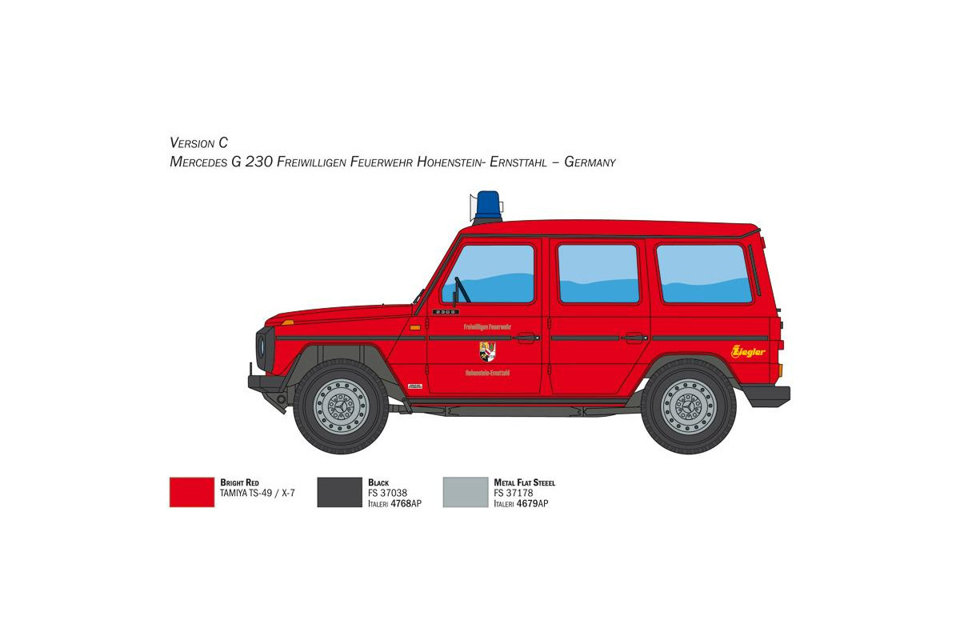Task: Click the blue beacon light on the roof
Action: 488,206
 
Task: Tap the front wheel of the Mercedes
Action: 341,406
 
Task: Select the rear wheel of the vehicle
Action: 688,406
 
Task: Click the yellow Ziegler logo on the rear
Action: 748,351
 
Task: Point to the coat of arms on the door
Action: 487,350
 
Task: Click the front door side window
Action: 489,274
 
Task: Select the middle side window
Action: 598,274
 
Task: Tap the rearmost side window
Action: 704,274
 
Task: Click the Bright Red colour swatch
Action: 192,492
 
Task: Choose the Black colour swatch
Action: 340,492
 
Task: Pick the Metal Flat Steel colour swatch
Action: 466,492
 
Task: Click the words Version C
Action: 199,143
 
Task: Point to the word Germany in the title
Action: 590,162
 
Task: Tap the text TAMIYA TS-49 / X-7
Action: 258,494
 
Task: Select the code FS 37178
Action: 514,494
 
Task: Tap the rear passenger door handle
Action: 634,338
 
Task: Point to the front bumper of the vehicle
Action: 264,384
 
